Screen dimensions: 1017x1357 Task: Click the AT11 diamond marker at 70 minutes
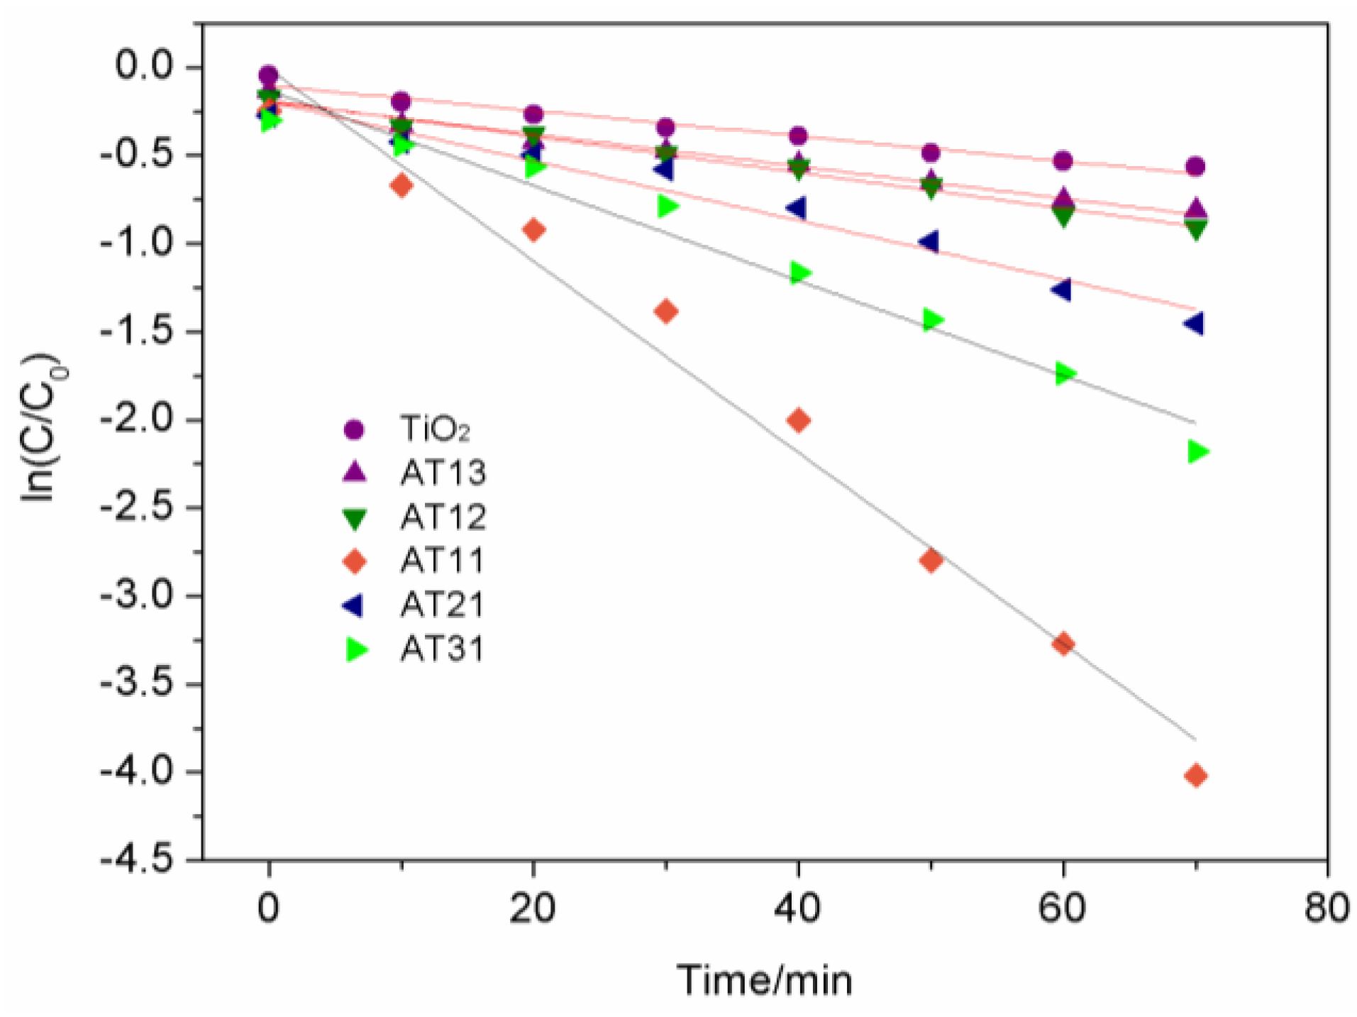click(1195, 776)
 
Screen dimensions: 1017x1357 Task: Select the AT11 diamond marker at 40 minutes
click(798, 420)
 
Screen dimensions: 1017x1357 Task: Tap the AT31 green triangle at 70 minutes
click(1197, 451)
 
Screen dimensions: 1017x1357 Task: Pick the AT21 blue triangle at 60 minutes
click(1061, 290)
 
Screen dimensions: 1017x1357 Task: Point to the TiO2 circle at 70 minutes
click(1195, 167)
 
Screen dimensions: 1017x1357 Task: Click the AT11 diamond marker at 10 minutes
click(401, 186)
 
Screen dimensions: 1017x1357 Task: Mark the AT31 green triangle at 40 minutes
click(799, 273)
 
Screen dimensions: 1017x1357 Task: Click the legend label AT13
click(443, 473)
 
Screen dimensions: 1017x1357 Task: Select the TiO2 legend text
click(435, 429)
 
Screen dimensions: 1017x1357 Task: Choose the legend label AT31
click(442, 649)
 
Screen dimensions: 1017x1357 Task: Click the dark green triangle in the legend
click(354, 519)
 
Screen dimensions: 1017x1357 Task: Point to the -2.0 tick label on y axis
click(136, 419)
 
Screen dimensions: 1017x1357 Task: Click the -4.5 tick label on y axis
click(136, 859)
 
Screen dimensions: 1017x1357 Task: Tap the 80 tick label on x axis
click(1326, 908)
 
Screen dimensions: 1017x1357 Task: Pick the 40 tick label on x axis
click(797, 908)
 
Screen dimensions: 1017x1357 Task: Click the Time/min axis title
click(764, 980)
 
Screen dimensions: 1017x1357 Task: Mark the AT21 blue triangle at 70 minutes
click(1194, 324)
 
